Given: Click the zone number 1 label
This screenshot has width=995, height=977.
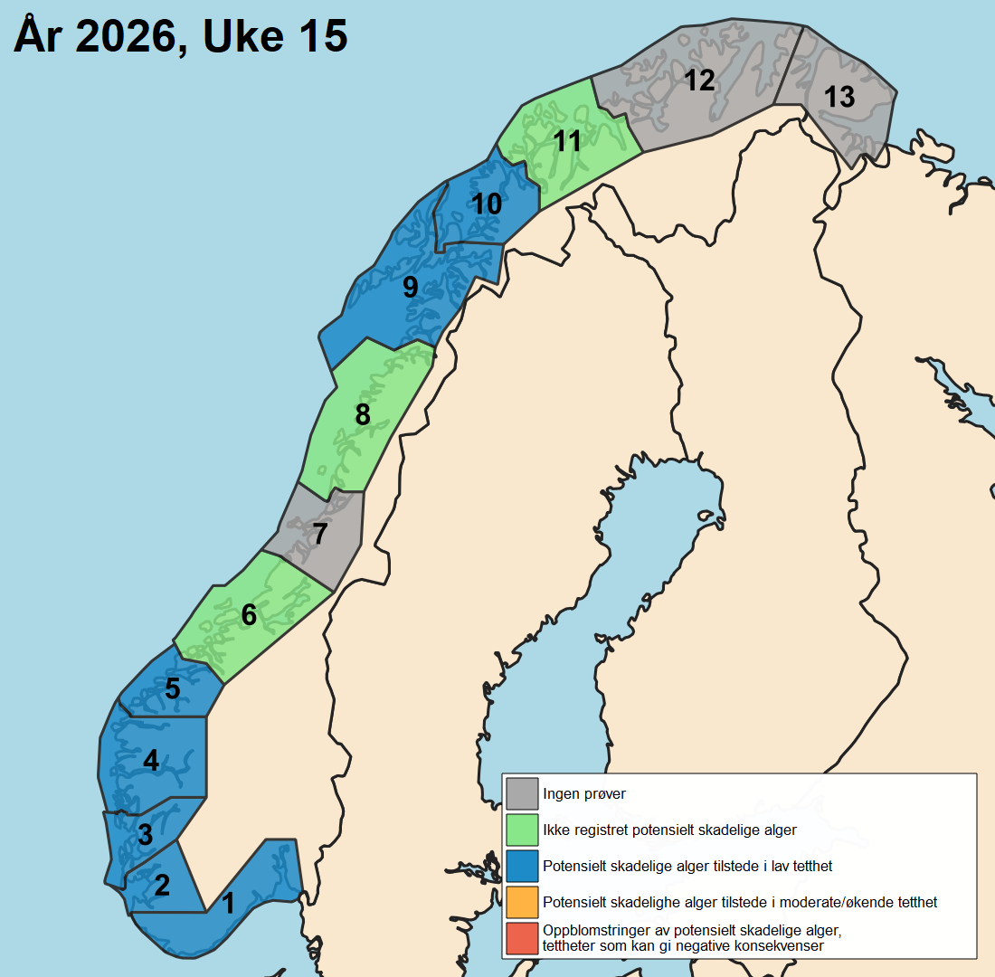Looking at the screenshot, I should [228, 903].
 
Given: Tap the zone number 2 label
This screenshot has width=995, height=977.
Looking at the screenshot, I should [162, 885].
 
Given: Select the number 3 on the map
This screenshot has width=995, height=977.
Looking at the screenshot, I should [145, 835].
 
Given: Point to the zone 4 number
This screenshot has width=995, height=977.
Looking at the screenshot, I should [151, 761].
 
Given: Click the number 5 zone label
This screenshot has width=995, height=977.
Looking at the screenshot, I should [172, 689].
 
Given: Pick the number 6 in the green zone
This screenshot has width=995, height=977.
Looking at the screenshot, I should [249, 615].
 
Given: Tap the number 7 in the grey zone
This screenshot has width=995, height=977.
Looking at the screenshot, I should [318, 535].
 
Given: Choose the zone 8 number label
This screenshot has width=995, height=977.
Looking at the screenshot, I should [363, 415].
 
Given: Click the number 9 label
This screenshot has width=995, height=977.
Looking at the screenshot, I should [410, 288].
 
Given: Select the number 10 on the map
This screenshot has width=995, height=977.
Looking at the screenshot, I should [487, 204].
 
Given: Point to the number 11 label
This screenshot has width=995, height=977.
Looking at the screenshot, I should [567, 142].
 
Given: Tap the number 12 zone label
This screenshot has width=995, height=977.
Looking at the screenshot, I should [699, 81].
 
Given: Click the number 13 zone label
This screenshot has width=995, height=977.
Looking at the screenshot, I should [839, 97].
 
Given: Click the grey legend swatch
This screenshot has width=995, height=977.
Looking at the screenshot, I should [522, 793].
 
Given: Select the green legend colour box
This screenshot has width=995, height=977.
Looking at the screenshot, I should [522, 830].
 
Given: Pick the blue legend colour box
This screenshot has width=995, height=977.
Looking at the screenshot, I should [522, 866].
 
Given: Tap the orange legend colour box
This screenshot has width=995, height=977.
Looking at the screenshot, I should [522, 902].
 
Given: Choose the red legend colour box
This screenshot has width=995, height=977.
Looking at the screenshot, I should [522, 938].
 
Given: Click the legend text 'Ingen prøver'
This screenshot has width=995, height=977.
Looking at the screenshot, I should [584, 794].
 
